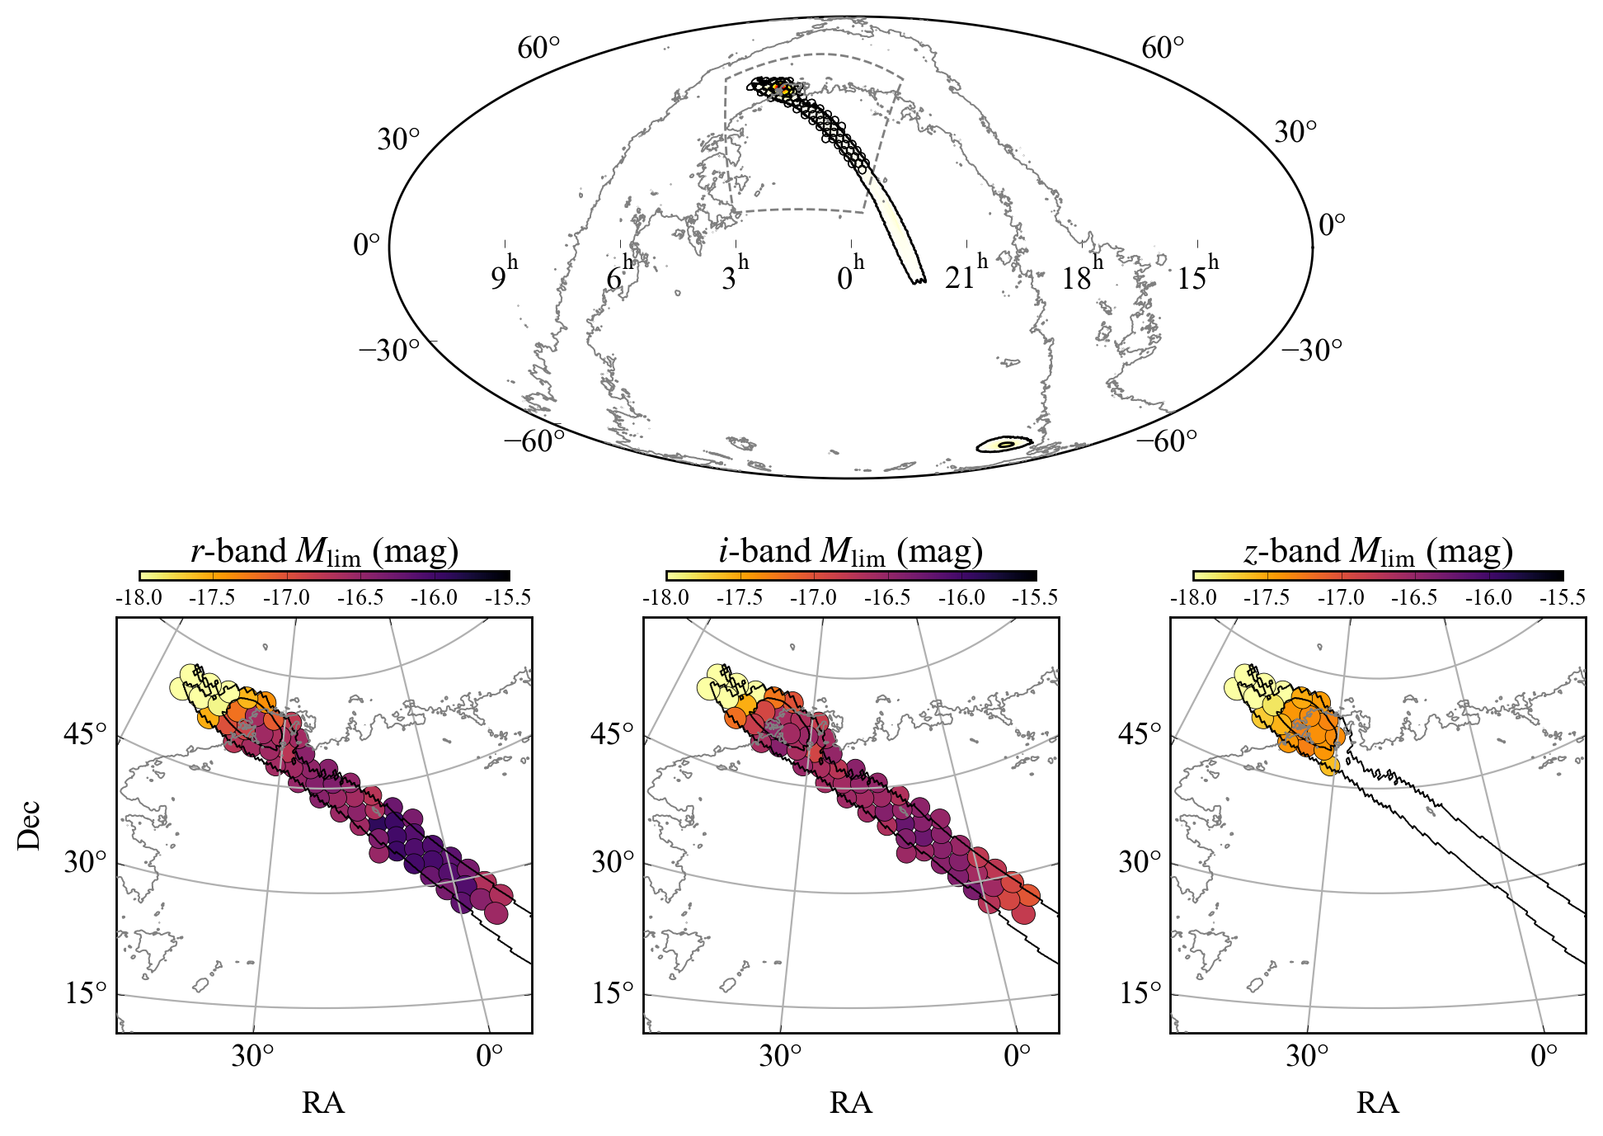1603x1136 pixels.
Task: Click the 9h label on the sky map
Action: click(504, 275)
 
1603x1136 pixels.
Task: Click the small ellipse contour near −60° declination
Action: click(1005, 445)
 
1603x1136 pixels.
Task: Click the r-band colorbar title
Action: click(324, 551)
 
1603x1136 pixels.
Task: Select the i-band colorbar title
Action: click(850, 551)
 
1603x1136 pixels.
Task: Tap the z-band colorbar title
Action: click(1378, 551)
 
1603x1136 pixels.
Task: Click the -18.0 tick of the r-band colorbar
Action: click(139, 597)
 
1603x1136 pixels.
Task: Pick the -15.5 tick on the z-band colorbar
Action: click(1562, 597)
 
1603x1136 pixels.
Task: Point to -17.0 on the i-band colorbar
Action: click(813, 597)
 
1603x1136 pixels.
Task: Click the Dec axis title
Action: click(29, 824)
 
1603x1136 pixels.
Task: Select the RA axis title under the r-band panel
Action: click(323, 1103)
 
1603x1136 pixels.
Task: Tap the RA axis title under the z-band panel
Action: click(1377, 1103)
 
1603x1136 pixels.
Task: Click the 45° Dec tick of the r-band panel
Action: click(86, 733)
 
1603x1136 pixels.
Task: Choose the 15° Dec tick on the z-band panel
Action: click(1140, 992)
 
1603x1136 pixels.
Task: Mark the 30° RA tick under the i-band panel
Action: click(780, 1056)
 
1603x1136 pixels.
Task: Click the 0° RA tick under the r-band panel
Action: click(489, 1056)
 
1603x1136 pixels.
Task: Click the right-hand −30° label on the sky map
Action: click(1311, 351)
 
